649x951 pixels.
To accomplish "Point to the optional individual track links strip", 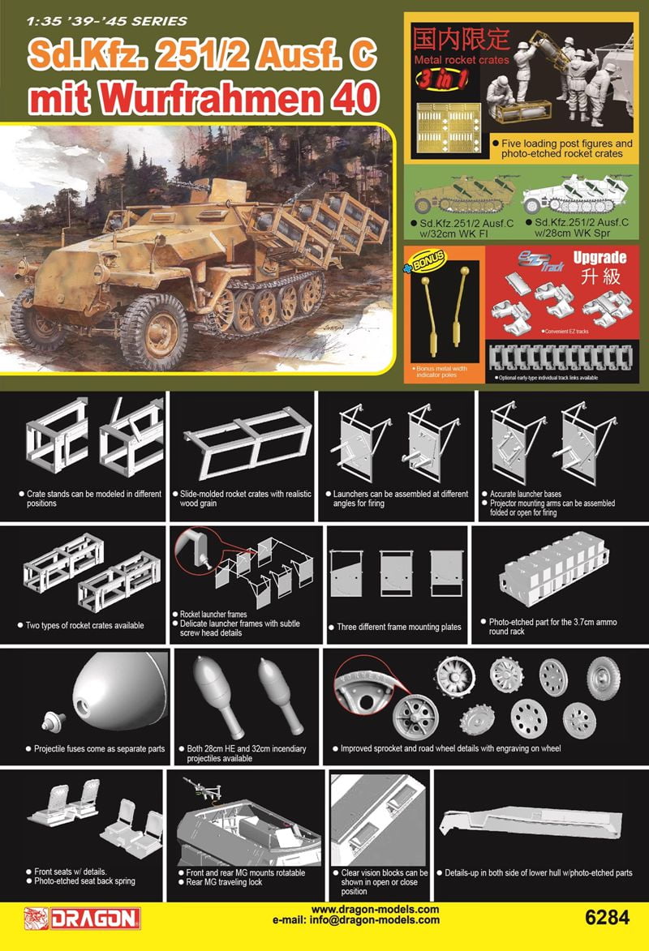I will click(562, 357).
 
